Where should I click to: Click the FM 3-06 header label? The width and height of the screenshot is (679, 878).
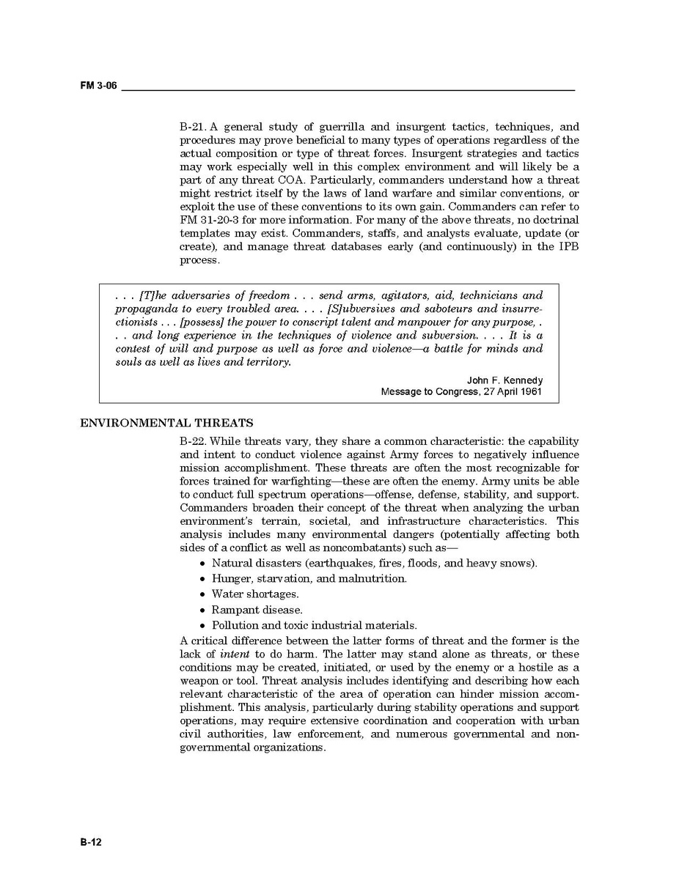coord(98,86)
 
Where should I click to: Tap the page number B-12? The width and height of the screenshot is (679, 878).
coord(91,842)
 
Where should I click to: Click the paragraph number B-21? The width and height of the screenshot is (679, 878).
coord(194,127)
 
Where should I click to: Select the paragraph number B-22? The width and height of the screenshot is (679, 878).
coord(194,441)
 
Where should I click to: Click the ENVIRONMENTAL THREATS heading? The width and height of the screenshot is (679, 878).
coord(166,423)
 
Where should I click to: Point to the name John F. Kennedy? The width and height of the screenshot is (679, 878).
coord(504,380)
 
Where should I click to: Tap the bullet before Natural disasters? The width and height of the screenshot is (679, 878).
coord(202,564)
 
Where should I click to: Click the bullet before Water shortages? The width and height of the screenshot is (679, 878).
coord(202,594)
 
